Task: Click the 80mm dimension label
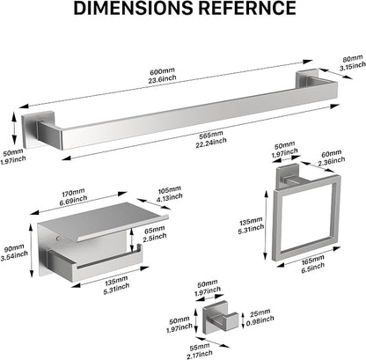point(353,58)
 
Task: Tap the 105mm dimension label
point(170,190)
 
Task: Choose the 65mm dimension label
point(155,230)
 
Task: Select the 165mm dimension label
point(312,260)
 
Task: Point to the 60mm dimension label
point(332,153)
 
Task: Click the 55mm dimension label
point(200,348)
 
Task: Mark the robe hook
point(220,320)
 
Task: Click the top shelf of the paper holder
point(103,221)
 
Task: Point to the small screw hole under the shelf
point(60,238)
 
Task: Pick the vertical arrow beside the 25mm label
point(243,320)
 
